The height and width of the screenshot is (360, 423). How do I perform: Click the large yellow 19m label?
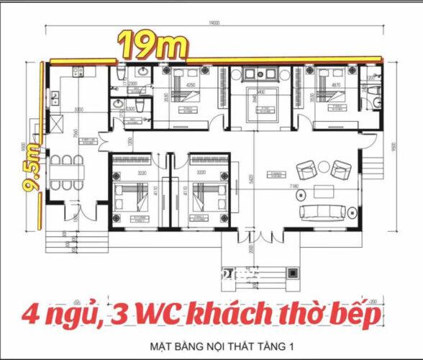[154, 46]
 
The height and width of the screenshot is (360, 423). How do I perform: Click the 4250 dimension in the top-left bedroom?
[191, 85]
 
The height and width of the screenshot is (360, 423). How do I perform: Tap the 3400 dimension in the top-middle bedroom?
[261, 92]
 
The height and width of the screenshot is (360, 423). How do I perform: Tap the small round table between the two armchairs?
[323, 170]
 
